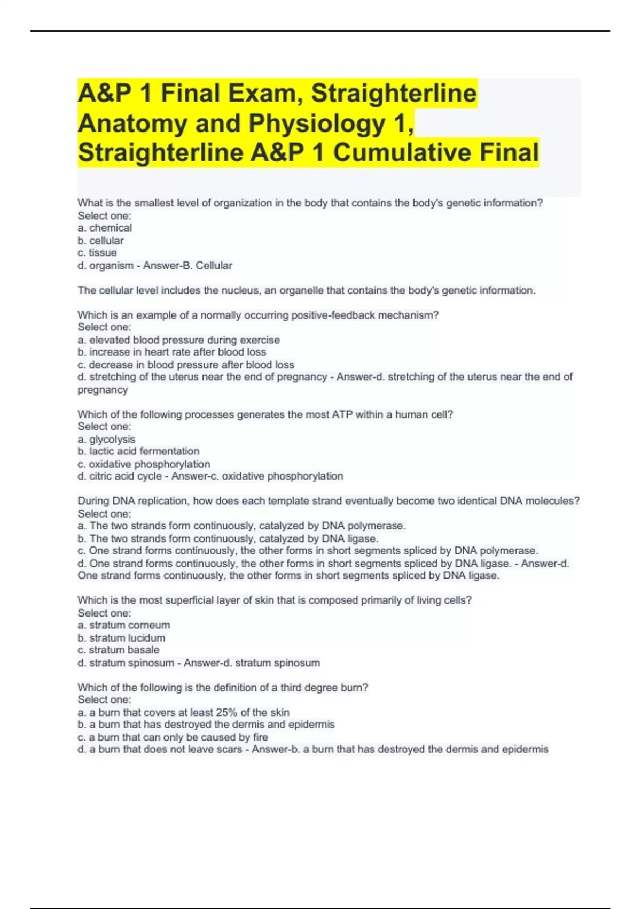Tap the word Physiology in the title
[317, 124]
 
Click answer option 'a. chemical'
[105, 228]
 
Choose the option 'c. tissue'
[97, 253]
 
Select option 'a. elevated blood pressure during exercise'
[178, 340]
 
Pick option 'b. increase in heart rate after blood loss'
[171, 352]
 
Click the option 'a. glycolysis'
[106, 440]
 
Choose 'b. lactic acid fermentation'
[138, 451]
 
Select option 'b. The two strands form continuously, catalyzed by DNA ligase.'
[228, 538]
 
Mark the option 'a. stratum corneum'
[124, 625]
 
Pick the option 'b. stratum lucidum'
[121, 638]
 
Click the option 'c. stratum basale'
[118, 650]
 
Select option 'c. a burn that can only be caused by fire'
[173, 737]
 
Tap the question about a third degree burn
[223, 688]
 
